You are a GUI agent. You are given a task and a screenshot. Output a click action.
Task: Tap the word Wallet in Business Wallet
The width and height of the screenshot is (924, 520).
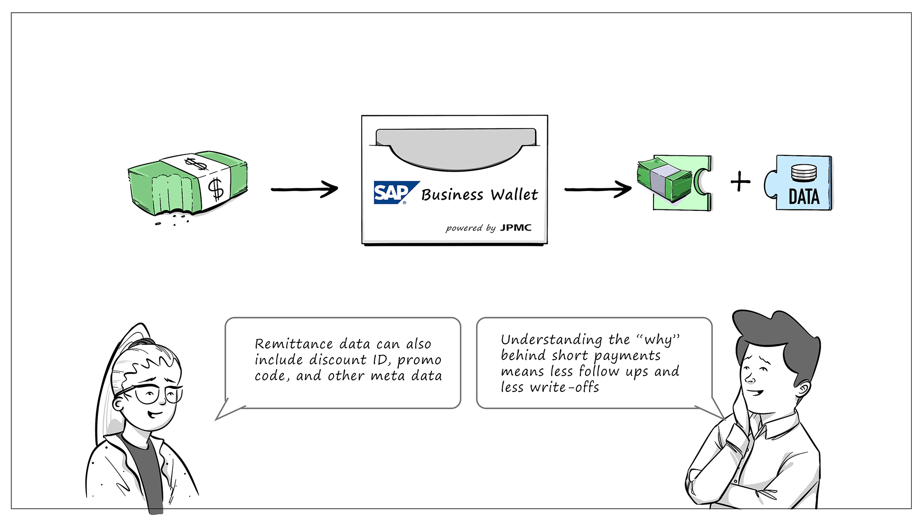514,195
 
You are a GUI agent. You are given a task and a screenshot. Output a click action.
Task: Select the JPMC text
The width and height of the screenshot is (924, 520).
516,227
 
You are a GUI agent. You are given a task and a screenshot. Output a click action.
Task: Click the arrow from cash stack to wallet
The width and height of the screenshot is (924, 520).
304,189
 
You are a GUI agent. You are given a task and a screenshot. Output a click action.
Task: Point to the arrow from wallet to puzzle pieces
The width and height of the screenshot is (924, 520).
597,189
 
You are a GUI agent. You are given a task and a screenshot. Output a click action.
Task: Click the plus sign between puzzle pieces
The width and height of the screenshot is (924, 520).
740,182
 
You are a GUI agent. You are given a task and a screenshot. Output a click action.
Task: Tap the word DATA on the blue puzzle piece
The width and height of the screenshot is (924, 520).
804,197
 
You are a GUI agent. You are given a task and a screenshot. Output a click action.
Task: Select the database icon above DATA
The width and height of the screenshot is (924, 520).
803,173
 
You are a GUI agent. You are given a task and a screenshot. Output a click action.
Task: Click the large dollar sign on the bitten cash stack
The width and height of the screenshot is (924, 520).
216,189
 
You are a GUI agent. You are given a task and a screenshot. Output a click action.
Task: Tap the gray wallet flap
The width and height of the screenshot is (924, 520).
456,149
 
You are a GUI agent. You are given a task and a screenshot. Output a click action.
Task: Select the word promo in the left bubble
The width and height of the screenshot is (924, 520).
419,360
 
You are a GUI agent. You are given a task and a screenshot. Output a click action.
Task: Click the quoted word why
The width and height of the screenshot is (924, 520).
658,340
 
